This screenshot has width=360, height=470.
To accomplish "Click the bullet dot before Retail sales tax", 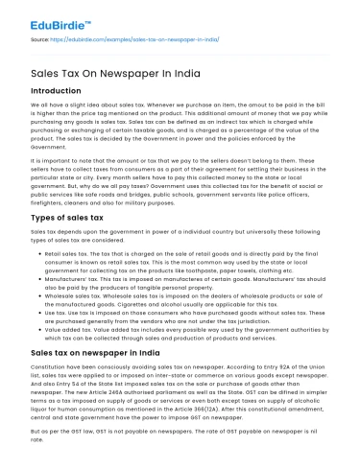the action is point(36,254).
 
